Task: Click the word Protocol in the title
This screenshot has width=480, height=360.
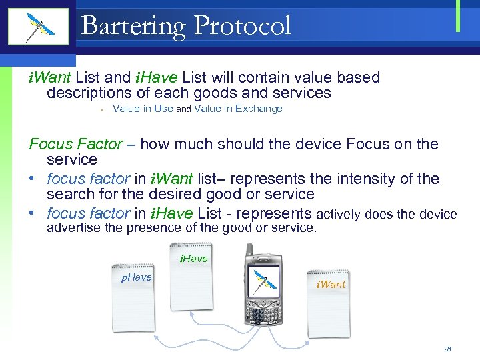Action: click(x=242, y=26)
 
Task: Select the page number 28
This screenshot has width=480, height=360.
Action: click(x=447, y=349)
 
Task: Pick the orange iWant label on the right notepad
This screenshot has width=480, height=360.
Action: click(x=331, y=285)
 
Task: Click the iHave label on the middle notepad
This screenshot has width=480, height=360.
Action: click(x=193, y=259)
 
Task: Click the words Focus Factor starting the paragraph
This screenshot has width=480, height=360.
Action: click(x=76, y=144)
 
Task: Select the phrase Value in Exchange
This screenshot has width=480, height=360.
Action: click(x=238, y=109)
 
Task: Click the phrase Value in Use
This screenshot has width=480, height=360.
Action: click(x=143, y=109)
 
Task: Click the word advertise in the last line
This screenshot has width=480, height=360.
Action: click(x=74, y=228)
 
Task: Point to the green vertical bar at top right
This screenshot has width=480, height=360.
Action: click(x=458, y=15)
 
